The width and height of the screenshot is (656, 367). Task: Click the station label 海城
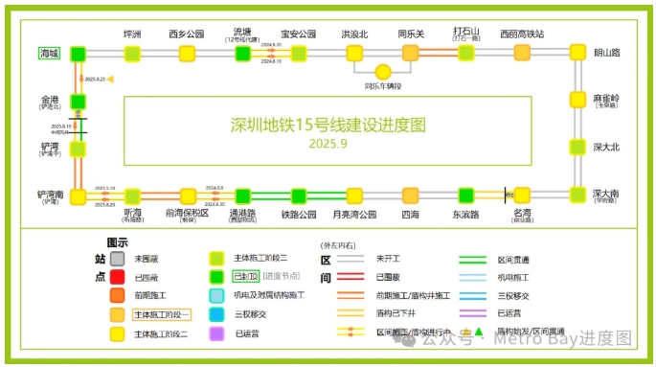click(48, 53)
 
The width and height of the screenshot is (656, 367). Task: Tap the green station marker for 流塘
click(241, 53)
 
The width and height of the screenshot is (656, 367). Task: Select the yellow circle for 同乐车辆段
click(383, 72)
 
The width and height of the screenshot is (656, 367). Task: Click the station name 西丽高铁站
click(522, 34)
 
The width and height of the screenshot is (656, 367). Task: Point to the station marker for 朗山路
click(577, 53)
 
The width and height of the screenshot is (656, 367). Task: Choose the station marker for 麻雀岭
click(577, 100)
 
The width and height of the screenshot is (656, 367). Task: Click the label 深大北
click(606, 147)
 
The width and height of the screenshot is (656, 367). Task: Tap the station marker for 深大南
click(577, 195)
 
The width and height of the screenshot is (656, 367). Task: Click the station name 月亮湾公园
click(354, 215)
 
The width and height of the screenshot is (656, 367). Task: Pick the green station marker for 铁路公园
click(299, 195)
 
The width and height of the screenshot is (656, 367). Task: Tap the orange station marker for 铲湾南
click(78, 195)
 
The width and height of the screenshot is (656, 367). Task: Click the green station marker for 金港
click(78, 100)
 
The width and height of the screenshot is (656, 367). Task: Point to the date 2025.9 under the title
click(328, 144)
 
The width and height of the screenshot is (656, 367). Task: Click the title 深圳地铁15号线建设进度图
click(328, 125)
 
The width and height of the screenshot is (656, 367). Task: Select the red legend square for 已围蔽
click(117, 277)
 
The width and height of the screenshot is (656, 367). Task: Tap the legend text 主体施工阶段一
click(162, 314)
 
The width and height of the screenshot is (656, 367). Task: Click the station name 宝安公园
click(299, 34)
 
